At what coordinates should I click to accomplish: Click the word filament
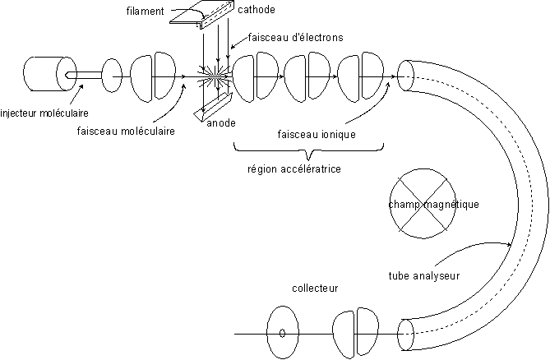click(148, 12)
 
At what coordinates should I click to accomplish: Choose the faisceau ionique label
click(316, 134)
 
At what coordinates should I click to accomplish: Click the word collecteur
click(315, 288)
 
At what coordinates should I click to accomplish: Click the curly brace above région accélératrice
click(308, 151)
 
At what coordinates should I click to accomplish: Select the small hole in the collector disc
click(282, 334)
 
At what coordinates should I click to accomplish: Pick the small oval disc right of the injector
click(111, 75)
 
